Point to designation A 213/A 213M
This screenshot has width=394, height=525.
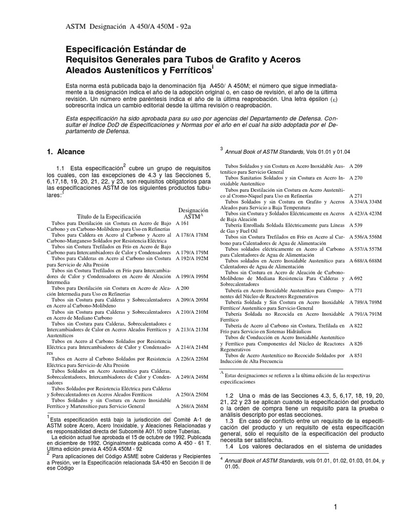click(x=192, y=329)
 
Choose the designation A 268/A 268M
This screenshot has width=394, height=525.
click(x=192, y=406)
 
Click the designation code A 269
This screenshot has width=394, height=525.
click(x=357, y=166)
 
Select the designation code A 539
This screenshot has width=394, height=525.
click(x=357, y=225)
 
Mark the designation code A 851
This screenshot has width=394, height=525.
click(x=357, y=354)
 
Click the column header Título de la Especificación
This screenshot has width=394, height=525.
click(x=108, y=216)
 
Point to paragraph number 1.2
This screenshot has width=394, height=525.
click(x=230, y=396)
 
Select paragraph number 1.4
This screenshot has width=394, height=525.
click(x=230, y=446)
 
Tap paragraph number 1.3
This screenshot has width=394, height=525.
click(x=230, y=421)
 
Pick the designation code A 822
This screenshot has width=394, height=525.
click(x=357, y=325)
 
